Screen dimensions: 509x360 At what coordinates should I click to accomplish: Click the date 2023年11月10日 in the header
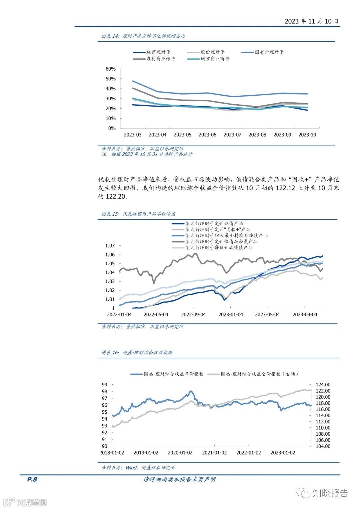311,21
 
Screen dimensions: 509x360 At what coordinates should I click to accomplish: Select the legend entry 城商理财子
158,52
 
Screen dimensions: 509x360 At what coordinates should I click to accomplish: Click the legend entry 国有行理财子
269,52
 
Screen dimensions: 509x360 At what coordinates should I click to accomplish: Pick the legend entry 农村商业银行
161,59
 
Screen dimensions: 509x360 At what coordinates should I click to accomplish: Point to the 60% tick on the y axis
110,69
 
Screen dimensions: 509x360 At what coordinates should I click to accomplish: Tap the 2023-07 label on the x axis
232,135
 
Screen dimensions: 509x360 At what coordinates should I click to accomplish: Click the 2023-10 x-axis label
307,135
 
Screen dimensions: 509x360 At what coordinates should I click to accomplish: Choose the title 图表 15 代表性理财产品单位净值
138,214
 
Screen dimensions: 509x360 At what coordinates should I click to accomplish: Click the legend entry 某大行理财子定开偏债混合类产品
221,241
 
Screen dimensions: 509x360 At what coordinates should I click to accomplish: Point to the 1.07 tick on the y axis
110,246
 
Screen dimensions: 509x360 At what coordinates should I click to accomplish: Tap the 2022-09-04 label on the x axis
193,315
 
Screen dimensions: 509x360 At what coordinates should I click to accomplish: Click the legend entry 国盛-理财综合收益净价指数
173,374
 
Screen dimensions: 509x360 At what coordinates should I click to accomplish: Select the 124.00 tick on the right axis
323,385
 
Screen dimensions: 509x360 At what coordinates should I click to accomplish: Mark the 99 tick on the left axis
105,385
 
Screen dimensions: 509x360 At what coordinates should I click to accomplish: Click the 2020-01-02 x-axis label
180,453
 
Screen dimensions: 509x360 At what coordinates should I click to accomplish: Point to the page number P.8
32,479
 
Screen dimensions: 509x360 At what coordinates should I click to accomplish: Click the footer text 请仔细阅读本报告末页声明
179,479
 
